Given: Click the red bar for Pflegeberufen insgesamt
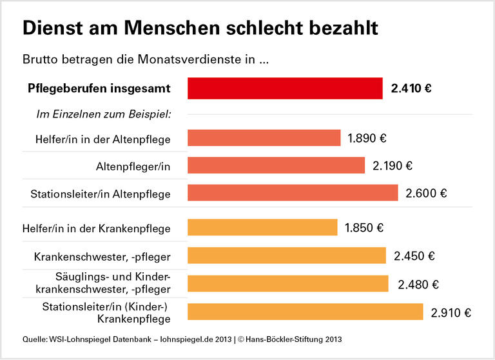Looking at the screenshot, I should [285, 88].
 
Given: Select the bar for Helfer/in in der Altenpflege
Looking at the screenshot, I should [264, 138].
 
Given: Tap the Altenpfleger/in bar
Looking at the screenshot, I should [276, 166].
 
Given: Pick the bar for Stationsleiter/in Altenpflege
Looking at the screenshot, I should [293, 193].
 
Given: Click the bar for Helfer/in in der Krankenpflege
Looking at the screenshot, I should [262, 228].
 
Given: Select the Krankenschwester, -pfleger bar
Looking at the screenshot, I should [287, 255].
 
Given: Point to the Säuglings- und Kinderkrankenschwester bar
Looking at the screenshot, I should [288, 284].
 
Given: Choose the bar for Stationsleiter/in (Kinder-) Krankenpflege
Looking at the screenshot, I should [306, 312].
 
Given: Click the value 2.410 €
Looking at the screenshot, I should [411, 88].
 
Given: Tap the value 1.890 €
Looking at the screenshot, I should [367, 138].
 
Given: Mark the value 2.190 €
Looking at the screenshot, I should [393, 166].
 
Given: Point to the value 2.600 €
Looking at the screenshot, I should [426, 193].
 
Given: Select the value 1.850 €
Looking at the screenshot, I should [364, 228].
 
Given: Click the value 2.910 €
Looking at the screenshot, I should [451, 313].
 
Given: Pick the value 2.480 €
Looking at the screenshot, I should [418, 284].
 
